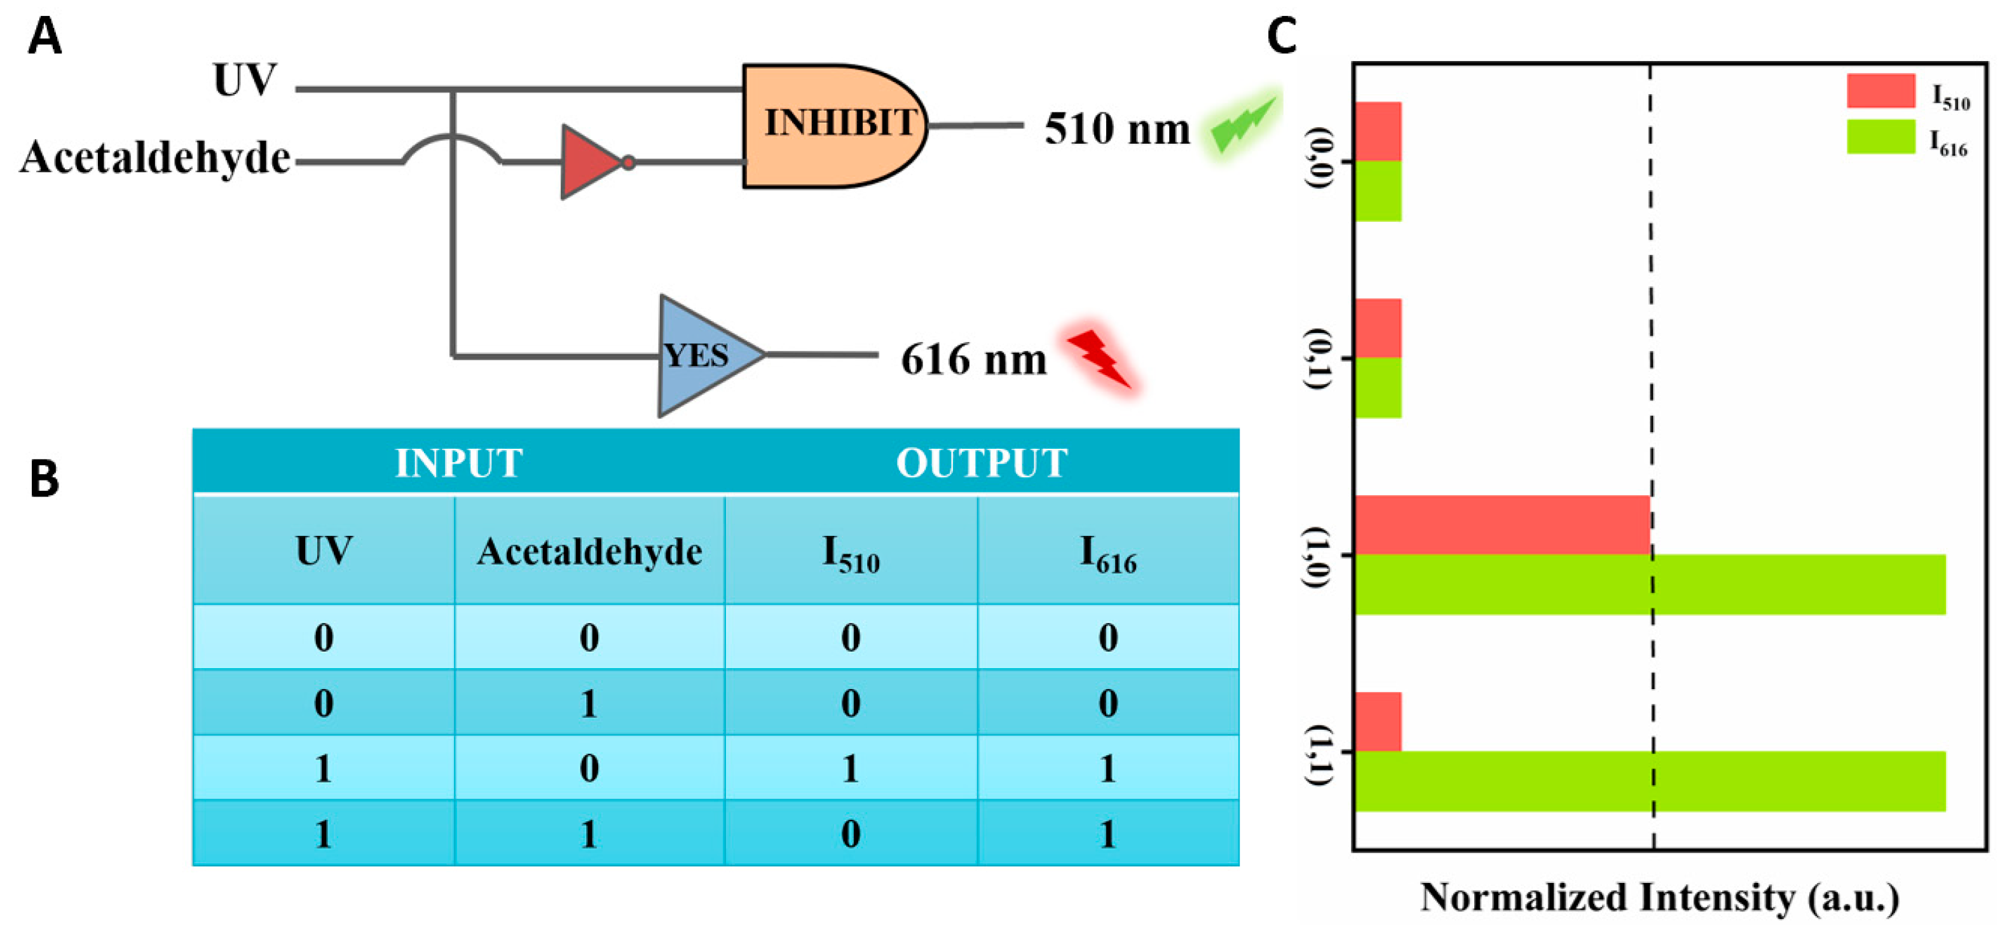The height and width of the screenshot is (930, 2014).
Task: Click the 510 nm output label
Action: click(1116, 128)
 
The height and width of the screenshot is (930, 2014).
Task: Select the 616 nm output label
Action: click(973, 360)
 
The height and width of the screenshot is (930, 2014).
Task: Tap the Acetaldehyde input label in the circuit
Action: click(156, 157)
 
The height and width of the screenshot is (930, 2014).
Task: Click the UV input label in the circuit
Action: click(245, 79)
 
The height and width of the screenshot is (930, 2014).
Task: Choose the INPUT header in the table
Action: click(459, 463)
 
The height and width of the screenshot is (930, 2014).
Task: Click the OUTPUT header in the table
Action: click(981, 463)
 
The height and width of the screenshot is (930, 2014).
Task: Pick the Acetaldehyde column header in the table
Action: click(589, 551)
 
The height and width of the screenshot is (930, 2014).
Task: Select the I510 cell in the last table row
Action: click(851, 833)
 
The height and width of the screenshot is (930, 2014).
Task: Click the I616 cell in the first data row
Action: click(1108, 637)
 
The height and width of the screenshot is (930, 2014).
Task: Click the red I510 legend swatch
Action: click(1880, 91)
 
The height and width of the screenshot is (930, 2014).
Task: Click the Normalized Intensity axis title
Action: click(1659, 897)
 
